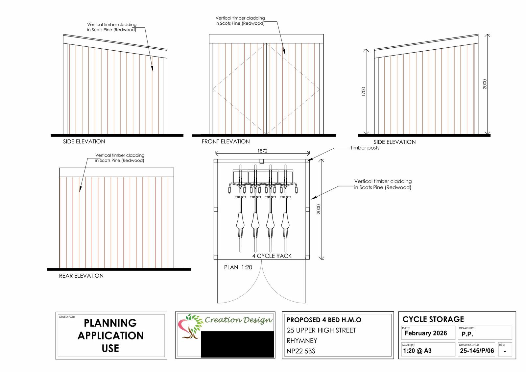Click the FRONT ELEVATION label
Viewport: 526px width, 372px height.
226,141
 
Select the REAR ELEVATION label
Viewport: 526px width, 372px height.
81,276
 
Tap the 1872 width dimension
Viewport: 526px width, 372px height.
262,151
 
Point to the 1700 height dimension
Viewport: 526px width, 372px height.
363,91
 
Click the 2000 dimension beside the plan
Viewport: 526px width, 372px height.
319,209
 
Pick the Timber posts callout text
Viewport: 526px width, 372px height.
365,148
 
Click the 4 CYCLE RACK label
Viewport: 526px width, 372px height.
272,256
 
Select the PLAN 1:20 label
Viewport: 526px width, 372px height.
238,267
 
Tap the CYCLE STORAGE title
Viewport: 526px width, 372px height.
433,319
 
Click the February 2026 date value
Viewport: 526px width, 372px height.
426,333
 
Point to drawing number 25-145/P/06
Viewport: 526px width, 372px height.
477,351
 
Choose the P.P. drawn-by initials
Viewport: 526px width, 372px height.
467,334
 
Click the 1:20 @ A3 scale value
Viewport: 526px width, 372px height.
417,351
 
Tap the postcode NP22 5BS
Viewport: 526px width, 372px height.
301,351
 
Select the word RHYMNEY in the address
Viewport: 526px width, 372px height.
302,340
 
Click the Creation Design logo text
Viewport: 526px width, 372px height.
238,320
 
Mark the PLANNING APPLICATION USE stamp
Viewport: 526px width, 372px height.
110,335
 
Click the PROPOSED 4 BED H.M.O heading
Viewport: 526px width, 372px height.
324,320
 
